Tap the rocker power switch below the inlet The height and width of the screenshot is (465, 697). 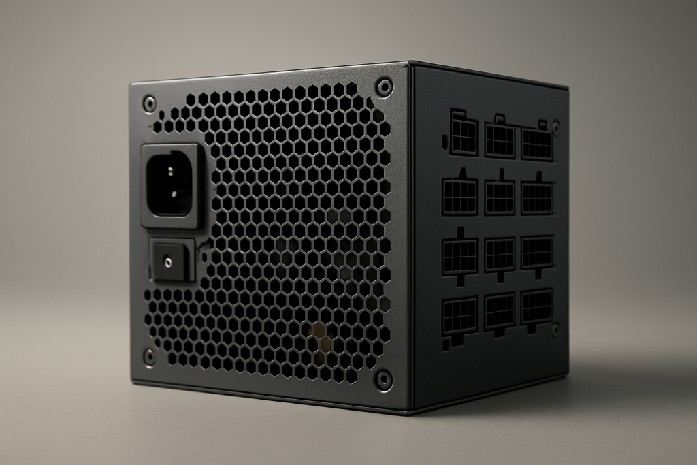(170, 259)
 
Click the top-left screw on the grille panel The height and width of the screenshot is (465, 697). (149, 103)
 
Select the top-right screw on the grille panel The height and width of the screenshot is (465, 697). (385, 87)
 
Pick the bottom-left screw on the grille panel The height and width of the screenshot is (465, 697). (149, 356)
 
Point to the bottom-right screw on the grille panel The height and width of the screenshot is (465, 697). (384, 379)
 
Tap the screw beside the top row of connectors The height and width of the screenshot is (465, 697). (555, 127)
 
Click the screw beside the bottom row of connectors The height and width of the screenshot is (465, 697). (555, 330)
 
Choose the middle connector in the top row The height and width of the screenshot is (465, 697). (500, 140)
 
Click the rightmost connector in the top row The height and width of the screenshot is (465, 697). (536, 144)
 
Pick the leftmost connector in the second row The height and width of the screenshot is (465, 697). (460, 197)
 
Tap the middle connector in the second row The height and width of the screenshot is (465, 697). (500, 197)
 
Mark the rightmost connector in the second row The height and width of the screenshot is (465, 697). (536, 197)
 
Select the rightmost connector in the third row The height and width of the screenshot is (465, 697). (536, 253)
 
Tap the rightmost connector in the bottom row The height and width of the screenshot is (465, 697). (536, 307)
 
